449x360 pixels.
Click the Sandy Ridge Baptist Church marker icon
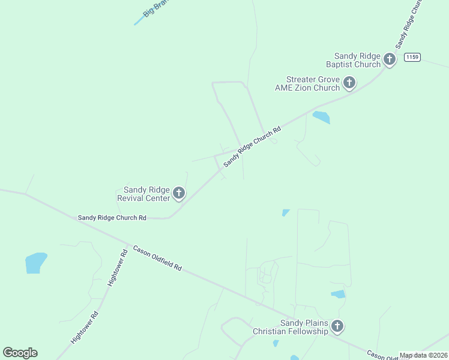coord(390,59)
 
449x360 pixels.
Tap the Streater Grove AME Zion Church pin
coord(349,83)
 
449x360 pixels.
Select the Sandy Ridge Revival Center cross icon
coord(178,193)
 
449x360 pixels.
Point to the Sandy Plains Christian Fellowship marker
coord(337,326)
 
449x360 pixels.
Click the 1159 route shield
coord(412,57)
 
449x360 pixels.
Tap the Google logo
coord(20,353)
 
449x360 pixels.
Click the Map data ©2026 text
coord(423,355)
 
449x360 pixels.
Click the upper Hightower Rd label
coord(118,267)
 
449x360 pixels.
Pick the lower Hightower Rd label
coord(85,327)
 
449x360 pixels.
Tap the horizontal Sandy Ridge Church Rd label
coord(112,218)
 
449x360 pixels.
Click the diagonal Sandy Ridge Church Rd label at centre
coord(252,147)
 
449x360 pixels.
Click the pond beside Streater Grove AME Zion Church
coord(321,117)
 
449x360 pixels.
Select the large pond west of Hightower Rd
coord(35,262)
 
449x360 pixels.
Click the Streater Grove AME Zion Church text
coord(307,83)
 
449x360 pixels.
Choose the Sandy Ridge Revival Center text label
coord(143,193)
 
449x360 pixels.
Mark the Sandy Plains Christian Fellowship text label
coord(291,327)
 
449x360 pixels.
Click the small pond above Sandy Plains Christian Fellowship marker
coord(339,294)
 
